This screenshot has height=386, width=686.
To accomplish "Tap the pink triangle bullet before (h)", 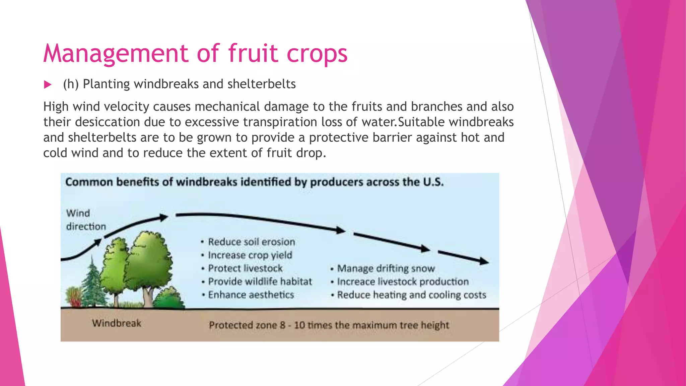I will [48, 85].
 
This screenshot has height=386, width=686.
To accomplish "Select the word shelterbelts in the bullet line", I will [261, 84].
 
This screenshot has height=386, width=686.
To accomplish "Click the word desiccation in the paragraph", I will [107, 122].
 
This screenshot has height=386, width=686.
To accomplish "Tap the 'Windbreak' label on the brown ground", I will [117, 323].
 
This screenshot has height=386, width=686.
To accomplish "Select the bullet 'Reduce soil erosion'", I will [251, 242].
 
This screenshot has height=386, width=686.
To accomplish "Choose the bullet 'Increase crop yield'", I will [250, 255].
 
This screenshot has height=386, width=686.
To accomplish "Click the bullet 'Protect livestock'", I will [245, 268].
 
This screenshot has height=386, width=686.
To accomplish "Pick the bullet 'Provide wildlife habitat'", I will [260, 281].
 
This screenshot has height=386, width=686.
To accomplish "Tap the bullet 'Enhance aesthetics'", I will [251, 295].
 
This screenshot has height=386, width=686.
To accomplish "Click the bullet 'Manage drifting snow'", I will [386, 269].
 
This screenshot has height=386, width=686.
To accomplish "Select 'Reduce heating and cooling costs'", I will [411, 295].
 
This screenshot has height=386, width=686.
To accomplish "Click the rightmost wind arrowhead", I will [484, 261].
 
